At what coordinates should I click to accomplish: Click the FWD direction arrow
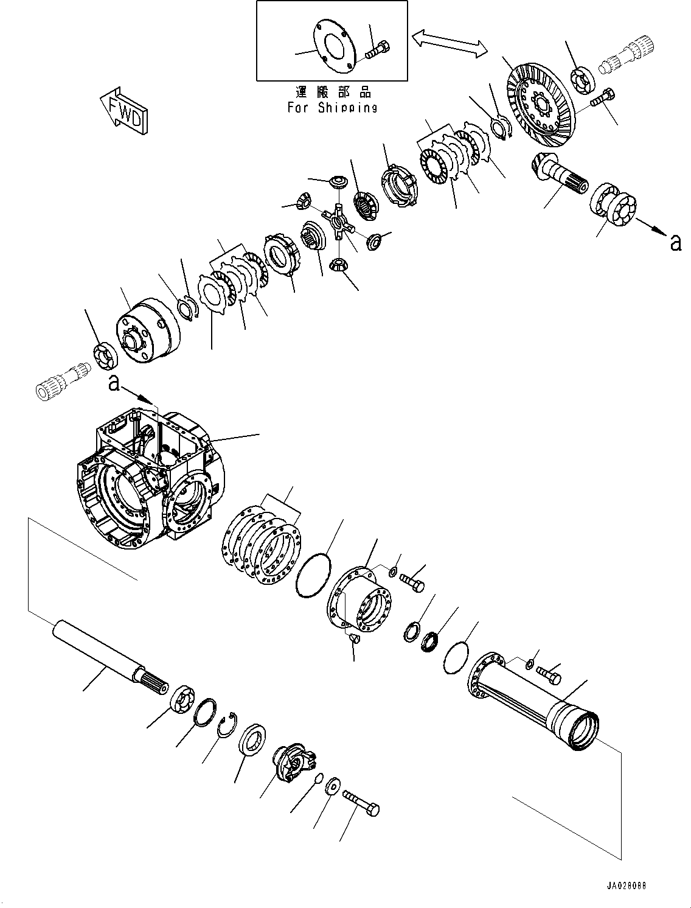pyautogui.click(x=123, y=111)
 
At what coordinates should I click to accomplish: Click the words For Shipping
pyautogui.click(x=332, y=108)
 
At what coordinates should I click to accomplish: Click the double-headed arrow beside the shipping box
pyautogui.click(x=449, y=44)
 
